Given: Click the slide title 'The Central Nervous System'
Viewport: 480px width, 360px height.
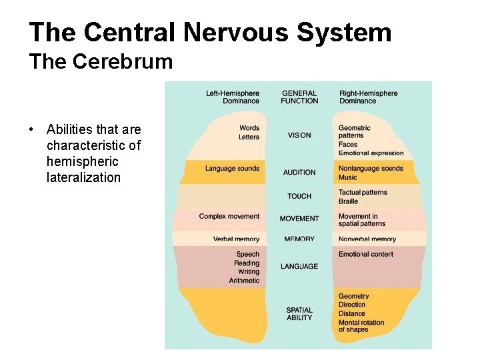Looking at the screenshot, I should [210, 32].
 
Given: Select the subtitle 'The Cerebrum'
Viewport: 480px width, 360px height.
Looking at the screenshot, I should [101, 62].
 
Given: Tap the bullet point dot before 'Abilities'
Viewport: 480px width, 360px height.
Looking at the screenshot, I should [31, 129].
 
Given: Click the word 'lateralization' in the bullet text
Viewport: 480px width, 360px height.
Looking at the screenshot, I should [83, 177].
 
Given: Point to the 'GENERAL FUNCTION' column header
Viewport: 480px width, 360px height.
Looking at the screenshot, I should [299, 97].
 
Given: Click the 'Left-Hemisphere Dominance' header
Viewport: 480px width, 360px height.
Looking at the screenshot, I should [233, 97].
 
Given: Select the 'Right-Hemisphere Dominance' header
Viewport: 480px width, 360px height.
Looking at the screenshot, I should [368, 97].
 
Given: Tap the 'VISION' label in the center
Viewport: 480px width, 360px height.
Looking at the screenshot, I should [299, 135].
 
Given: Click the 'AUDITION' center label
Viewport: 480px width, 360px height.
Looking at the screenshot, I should [299, 173].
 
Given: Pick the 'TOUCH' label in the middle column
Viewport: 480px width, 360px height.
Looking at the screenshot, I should [299, 197].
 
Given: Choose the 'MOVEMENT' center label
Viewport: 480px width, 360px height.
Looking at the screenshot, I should [299, 219].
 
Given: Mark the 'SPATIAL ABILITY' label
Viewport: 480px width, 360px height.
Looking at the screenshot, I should [299, 313].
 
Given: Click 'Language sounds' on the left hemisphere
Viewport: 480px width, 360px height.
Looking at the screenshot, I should [232, 169].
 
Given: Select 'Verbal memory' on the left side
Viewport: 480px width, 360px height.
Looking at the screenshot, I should [236, 239].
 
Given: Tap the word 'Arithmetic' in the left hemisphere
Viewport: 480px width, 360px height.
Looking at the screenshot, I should [244, 281].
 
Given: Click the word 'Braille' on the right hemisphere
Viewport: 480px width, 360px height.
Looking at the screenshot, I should [348, 201].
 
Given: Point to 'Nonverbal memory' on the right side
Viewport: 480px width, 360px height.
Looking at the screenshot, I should [367, 239].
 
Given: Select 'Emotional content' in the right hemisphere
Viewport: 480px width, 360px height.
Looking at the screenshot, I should [366, 254].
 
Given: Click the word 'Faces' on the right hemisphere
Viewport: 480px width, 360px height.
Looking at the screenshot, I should [348, 145].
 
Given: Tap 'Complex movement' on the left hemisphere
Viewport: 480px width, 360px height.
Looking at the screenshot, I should [229, 217].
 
